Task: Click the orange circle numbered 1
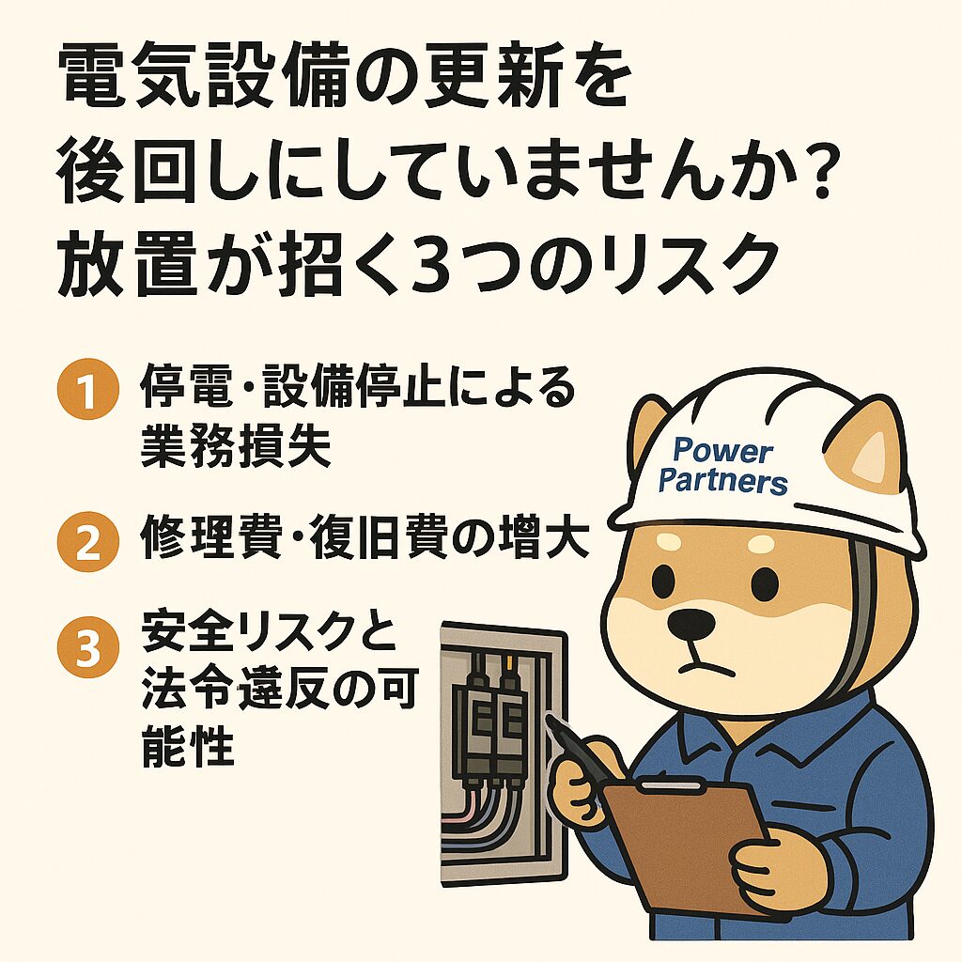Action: (87, 389)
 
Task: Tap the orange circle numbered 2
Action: (87, 542)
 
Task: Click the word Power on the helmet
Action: (722, 452)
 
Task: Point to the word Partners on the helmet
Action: (722, 481)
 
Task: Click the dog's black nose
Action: (690, 624)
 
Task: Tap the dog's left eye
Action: (661, 578)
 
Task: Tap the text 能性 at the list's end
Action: (188, 744)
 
